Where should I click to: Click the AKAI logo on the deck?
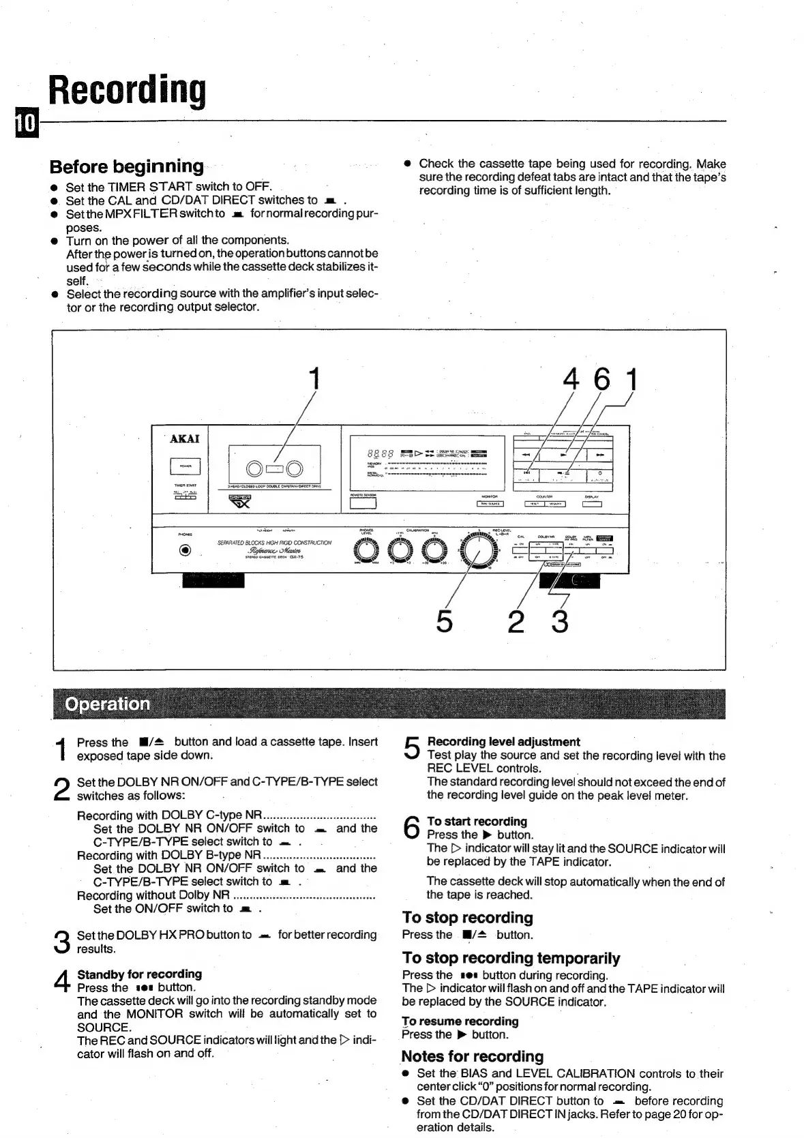184,439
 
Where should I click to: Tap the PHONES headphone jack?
184,551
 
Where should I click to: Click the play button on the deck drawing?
563,453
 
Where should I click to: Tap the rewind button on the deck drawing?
526,453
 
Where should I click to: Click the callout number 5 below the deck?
444,621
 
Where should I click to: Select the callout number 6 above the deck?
601,379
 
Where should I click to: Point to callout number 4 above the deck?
571,379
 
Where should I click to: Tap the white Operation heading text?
107,704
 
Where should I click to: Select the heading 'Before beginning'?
127,166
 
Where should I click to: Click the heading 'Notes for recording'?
472,1056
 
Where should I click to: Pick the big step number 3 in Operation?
61,942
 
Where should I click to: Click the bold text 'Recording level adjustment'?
503,741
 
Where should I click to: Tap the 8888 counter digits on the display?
378,453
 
